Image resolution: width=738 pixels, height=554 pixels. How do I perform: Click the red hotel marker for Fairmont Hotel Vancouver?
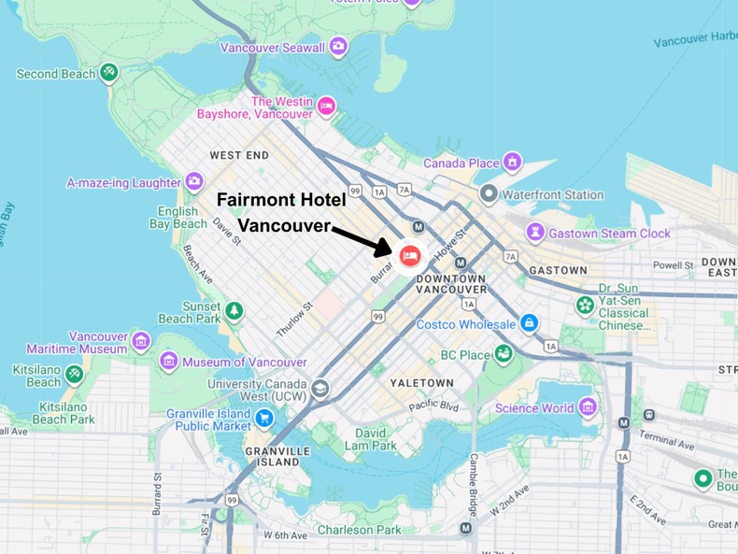pyautogui.click(x=410, y=255)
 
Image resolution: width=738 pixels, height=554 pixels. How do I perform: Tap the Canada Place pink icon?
pyautogui.click(x=512, y=163)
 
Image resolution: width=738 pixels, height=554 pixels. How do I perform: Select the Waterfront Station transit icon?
pyautogui.click(x=488, y=195)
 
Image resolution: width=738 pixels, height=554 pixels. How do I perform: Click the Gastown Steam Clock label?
pyautogui.click(x=609, y=234)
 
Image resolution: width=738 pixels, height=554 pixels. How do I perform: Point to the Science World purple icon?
pyautogui.click(x=588, y=406)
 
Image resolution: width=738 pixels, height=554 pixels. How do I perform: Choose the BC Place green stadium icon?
pyautogui.click(x=504, y=354)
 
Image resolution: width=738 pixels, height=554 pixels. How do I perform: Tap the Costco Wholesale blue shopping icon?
pyautogui.click(x=530, y=323)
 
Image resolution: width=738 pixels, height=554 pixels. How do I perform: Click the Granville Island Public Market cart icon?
pyautogui.click(x=264, y=418)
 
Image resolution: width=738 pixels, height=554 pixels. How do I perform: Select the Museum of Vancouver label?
pyautogui.click(x=244, y=362)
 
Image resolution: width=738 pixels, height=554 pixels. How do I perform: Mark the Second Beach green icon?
pyautogui.click(x=109, y=72)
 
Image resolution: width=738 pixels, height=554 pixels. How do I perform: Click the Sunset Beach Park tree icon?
pyautogui.click(x=234, y=310)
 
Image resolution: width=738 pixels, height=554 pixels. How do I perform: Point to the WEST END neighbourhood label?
pyautogui.click(x=239, y=155)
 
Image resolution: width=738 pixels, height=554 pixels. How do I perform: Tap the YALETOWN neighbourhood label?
pyautogui.click(x=421, y=383)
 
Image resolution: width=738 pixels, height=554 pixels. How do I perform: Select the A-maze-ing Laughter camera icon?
pyautogui.click(x=194, y=181)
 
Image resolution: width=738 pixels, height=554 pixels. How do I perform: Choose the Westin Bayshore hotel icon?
pyautogui.click(x=326, y=106)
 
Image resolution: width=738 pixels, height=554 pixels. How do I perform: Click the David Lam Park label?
pyautogui.click(x=371, y=440)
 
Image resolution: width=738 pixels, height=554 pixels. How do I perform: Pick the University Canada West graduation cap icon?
pyautogui.click(x=320, y=389)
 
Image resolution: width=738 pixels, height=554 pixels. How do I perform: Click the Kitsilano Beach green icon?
pyautogui.click(x=75, y=375)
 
